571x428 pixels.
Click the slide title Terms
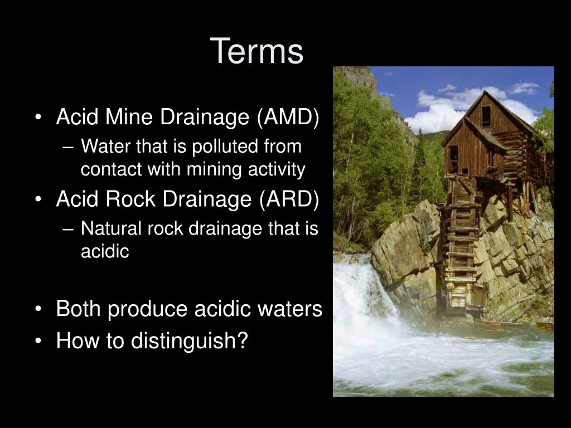[257, 51]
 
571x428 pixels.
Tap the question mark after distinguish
[242, 341]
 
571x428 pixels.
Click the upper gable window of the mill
[486, 117]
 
